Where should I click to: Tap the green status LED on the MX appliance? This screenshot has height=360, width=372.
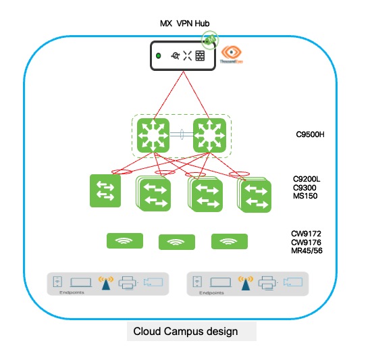point(158,56)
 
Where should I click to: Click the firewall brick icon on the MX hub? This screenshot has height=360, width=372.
point(201,56)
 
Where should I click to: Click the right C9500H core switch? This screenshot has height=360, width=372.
point(210,136)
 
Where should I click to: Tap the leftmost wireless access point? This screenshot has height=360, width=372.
point(125,240)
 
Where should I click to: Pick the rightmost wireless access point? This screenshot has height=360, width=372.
point(229,240)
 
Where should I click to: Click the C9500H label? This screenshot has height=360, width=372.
point(311,134)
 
